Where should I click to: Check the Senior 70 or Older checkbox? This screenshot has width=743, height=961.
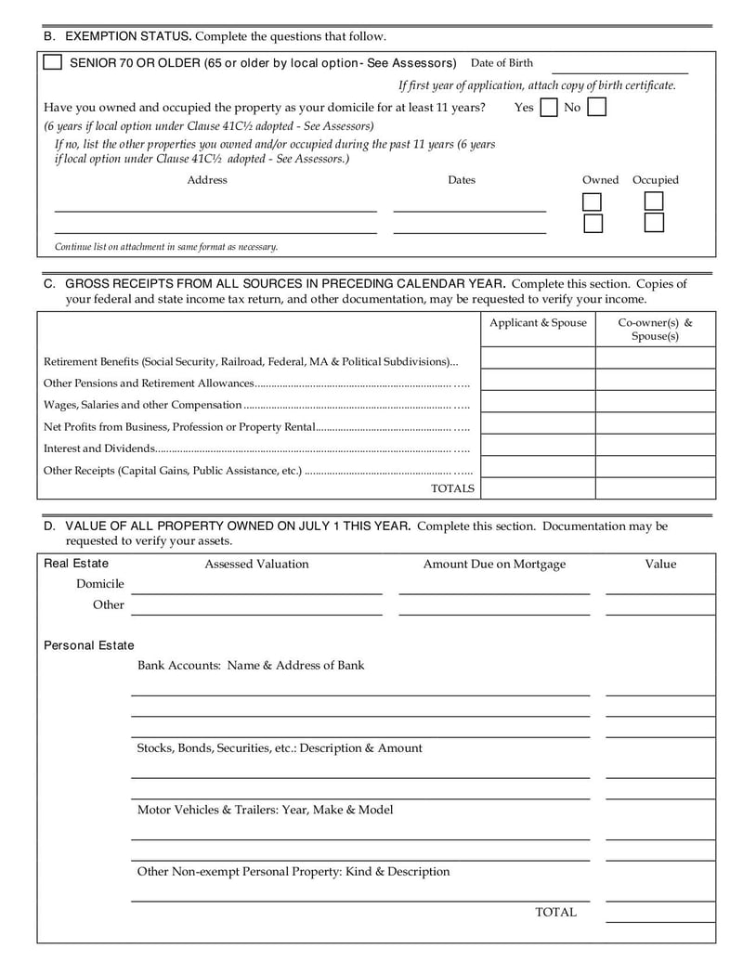pyautogui.click(x=53, y=62)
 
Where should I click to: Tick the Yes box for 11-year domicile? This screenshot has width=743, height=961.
pyautogui.click(x=549, y=108)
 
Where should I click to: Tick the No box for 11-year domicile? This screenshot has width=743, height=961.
pyautogui.click(x=596, y=108)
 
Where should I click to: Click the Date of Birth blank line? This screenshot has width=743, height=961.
pyautogui.click(x=619, y=67)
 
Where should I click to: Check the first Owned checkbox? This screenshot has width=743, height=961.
pyautogui.click(x=592, y=201)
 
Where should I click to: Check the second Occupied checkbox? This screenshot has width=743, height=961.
pyautogui.click(x=654, y=223)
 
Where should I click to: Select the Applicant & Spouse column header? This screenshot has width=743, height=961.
pyautogui.click(x=538, y=323)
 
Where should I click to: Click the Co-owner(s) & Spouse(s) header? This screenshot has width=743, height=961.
pyautogui.click(x=655, y=330)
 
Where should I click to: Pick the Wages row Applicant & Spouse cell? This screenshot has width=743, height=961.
pyautogui.click(x=538, y=402)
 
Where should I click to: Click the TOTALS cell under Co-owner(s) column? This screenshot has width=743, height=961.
pyautogui.click(x=655, y=488)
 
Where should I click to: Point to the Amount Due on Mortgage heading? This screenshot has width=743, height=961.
pyautogui.click(x=494, y=564)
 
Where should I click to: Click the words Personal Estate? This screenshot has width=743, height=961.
pyautogui.click(x=89, y=645)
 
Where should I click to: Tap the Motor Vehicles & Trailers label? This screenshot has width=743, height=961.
pyautogui.click(x=265, y=810)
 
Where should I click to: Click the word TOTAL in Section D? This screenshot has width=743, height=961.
pyautogui.click(x=555, y=912)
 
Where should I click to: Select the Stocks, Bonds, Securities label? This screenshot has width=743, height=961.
pyautogui.click(x=279, y=747)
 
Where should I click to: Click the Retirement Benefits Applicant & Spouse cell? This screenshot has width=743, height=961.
pyautogui.click(x=538, y=358)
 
